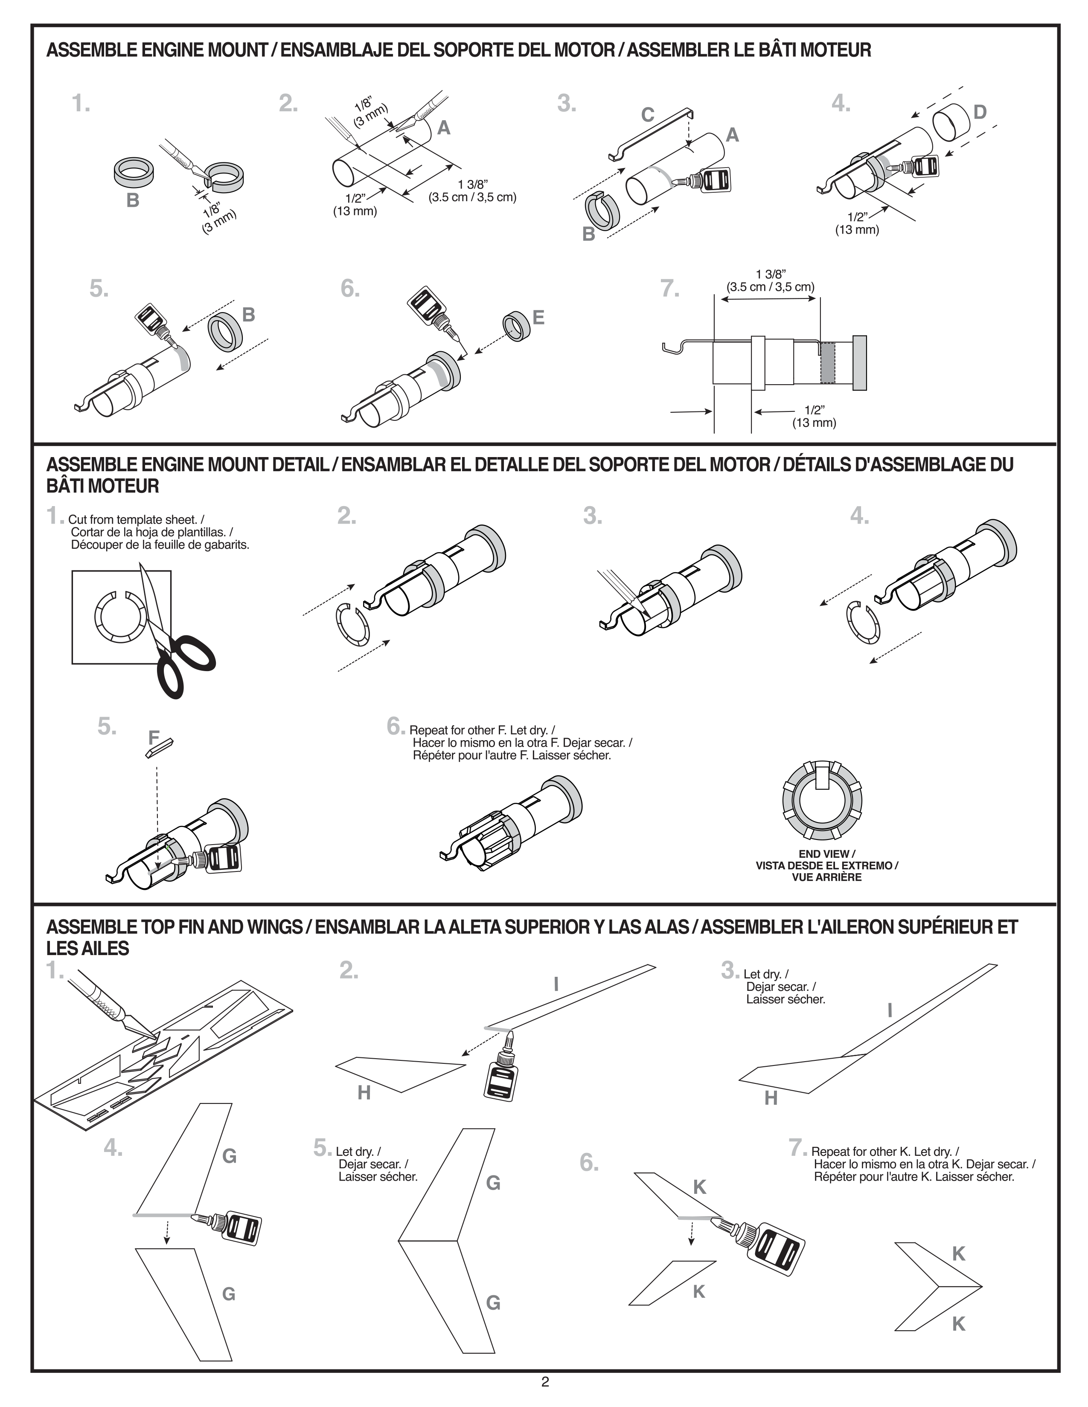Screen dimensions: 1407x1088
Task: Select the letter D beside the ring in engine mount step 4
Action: click(980, 113)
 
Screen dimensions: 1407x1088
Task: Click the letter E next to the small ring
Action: click(538, 318)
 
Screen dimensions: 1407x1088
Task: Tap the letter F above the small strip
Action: click(154, 737)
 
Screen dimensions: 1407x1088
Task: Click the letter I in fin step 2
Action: click(556, 984)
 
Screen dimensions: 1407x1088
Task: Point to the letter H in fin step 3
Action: click(771, 1098)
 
